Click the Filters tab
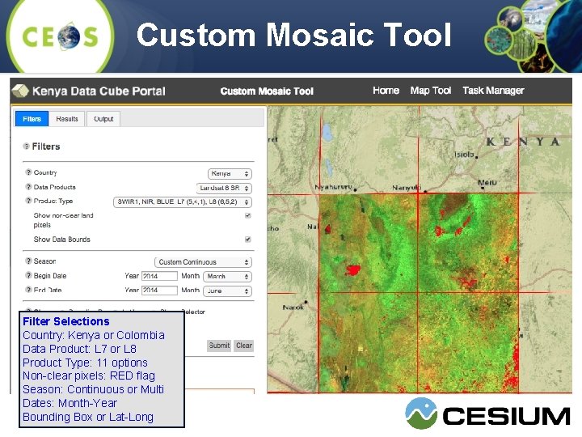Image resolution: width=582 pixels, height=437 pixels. point(32,119)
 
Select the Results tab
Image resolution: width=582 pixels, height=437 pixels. point(67,119)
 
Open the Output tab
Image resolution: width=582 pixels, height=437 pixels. point(103,119)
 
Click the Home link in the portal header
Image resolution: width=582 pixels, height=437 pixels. point(386,91)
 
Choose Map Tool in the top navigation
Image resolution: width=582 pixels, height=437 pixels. point(431,91)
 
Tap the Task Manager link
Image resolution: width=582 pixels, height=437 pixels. point(493,91)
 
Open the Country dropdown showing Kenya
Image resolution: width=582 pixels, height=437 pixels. point(230,173)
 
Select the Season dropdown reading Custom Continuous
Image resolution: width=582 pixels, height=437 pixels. point(203,262)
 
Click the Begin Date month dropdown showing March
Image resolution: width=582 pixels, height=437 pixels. point(227,276)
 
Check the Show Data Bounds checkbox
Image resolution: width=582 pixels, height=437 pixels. point(248,240)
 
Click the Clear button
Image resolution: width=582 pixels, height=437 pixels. point(243,346)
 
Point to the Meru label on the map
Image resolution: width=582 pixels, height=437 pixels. point(487,183)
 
